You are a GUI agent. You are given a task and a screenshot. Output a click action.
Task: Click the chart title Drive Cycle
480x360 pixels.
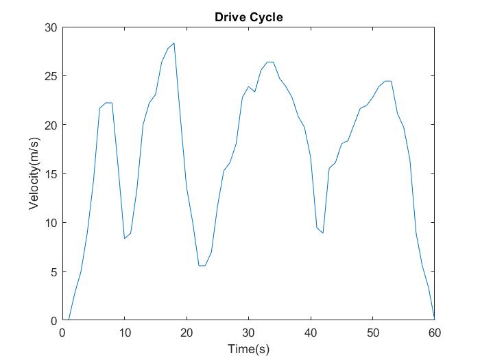[249, 17]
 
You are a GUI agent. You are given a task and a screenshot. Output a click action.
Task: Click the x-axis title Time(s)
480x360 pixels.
[249, 348]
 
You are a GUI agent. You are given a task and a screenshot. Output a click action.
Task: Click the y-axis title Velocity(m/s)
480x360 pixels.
[34, 173]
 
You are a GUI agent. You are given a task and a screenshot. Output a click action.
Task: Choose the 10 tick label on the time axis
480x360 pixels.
[124, 333]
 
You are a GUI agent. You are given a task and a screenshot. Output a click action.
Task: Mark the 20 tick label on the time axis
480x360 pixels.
[187, 333]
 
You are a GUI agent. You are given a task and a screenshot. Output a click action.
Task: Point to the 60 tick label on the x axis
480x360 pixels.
[434, 333]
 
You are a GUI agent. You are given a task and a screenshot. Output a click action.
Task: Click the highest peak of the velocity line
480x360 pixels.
[174, 43]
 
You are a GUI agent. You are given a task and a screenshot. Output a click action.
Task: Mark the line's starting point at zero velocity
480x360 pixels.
[69, 320]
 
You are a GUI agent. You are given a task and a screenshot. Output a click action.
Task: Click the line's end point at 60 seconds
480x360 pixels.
[434, 319]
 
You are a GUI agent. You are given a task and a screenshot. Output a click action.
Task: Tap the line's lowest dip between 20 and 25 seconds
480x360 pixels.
[202, 265]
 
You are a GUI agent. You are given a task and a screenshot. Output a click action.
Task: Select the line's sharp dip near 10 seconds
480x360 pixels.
[124, 238]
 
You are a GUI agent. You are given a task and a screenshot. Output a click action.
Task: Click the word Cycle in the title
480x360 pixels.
[267, 17]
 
